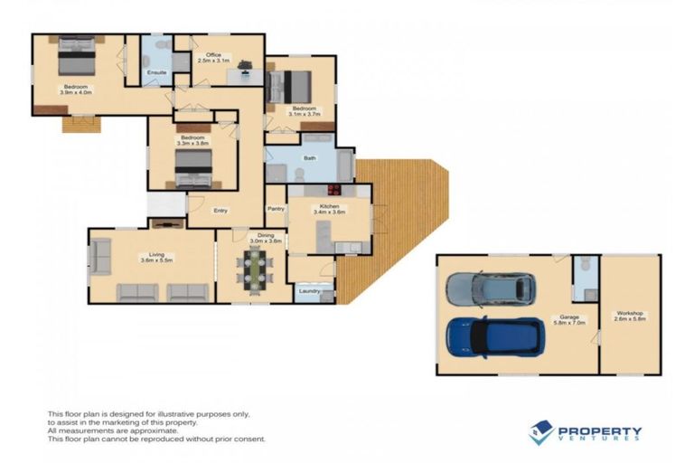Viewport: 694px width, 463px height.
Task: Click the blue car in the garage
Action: [x=494, y=336]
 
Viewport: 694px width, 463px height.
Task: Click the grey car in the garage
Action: [x=490, y=289]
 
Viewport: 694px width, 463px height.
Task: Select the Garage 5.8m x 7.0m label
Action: [x=571, y=319]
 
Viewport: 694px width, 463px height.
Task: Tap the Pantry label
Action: [x=276, y=209]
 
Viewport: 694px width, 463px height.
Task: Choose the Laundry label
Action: [x=307, y=290]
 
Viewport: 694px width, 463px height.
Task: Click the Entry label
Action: [x=220, y=211]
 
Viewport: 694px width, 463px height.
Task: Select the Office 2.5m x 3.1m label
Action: [x=213, y=57]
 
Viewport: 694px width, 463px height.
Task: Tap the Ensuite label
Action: [x=155, y=71]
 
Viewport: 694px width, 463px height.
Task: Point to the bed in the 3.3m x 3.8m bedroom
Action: [x=193, y=168]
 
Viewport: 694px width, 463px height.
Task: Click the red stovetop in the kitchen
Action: [x=333, y=190]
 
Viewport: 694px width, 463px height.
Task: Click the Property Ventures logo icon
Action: [x=540, y=431]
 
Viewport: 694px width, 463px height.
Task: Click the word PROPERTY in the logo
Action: [x=599, y=430]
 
